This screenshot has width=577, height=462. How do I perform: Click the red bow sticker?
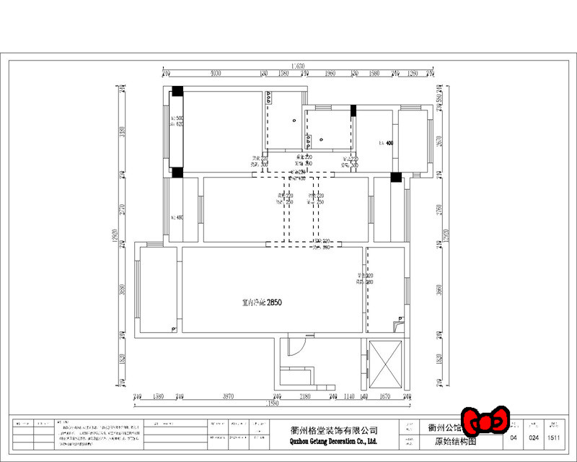click(x=485, y=420)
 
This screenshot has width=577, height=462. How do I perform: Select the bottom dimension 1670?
click(x=384, y=397)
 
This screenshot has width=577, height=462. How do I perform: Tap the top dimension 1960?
click(x=330, y=74)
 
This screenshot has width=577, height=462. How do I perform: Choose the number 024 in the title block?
click(x=534, y=437)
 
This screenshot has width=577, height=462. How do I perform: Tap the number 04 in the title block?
click(x=514, y=437)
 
